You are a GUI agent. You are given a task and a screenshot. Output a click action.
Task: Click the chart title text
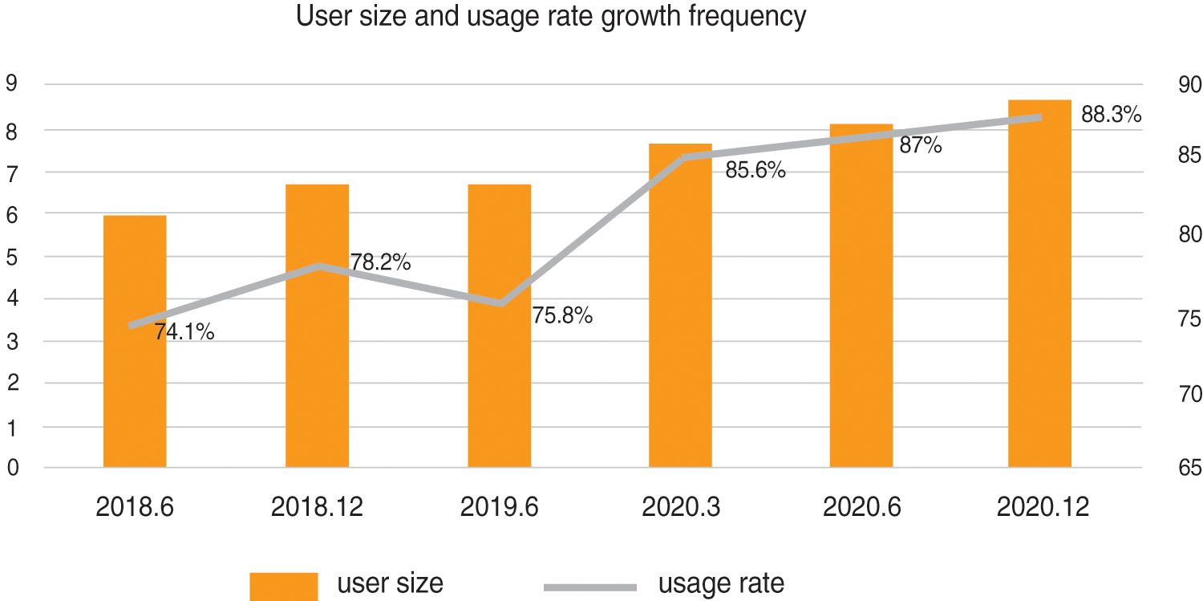(551, 17)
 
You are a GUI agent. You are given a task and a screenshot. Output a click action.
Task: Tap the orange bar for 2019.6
(499, 385)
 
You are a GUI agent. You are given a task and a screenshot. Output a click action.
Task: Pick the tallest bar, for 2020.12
(1039, 321)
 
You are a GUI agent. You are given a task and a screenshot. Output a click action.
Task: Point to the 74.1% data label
(184, 331)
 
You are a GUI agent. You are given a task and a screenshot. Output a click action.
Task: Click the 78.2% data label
(380, 262)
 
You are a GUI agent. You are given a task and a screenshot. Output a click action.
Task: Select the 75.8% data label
(562, 315)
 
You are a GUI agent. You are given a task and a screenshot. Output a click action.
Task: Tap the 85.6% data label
(755, 170)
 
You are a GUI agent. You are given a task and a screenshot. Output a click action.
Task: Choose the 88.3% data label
(1111, 116)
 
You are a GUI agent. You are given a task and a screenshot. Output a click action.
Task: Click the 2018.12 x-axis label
(317, 508)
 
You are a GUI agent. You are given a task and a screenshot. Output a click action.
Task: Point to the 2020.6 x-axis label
(861, 508)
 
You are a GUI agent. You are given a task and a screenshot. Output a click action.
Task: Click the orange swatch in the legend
(283, 586)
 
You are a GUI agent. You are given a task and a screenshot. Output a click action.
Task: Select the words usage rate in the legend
(721, 583)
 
